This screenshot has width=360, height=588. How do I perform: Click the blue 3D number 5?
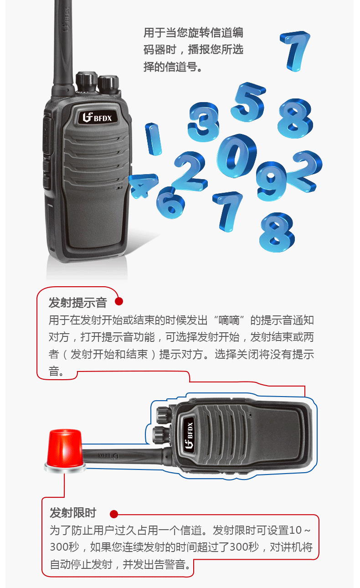[248, 103]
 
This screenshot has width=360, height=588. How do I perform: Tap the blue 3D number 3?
[203, 122]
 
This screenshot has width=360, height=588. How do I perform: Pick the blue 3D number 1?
[153, 139]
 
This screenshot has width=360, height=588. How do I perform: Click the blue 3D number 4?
[143, 185]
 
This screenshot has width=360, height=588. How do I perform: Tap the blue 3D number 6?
[170, 203]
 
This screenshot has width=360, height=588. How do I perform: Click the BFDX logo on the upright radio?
[97, 117]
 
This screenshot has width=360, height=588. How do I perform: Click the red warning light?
[65, 450]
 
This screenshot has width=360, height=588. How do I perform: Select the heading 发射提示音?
[77, 303]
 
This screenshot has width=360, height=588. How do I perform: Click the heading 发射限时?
[73, 513]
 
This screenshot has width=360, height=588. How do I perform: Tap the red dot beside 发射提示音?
[119, 301]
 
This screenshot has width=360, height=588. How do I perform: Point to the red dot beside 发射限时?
[114, 514]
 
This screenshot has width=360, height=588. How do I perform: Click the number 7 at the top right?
[295, 51]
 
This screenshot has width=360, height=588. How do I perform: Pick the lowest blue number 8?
[277, 232]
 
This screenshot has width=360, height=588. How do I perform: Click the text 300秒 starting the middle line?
[65, 547]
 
